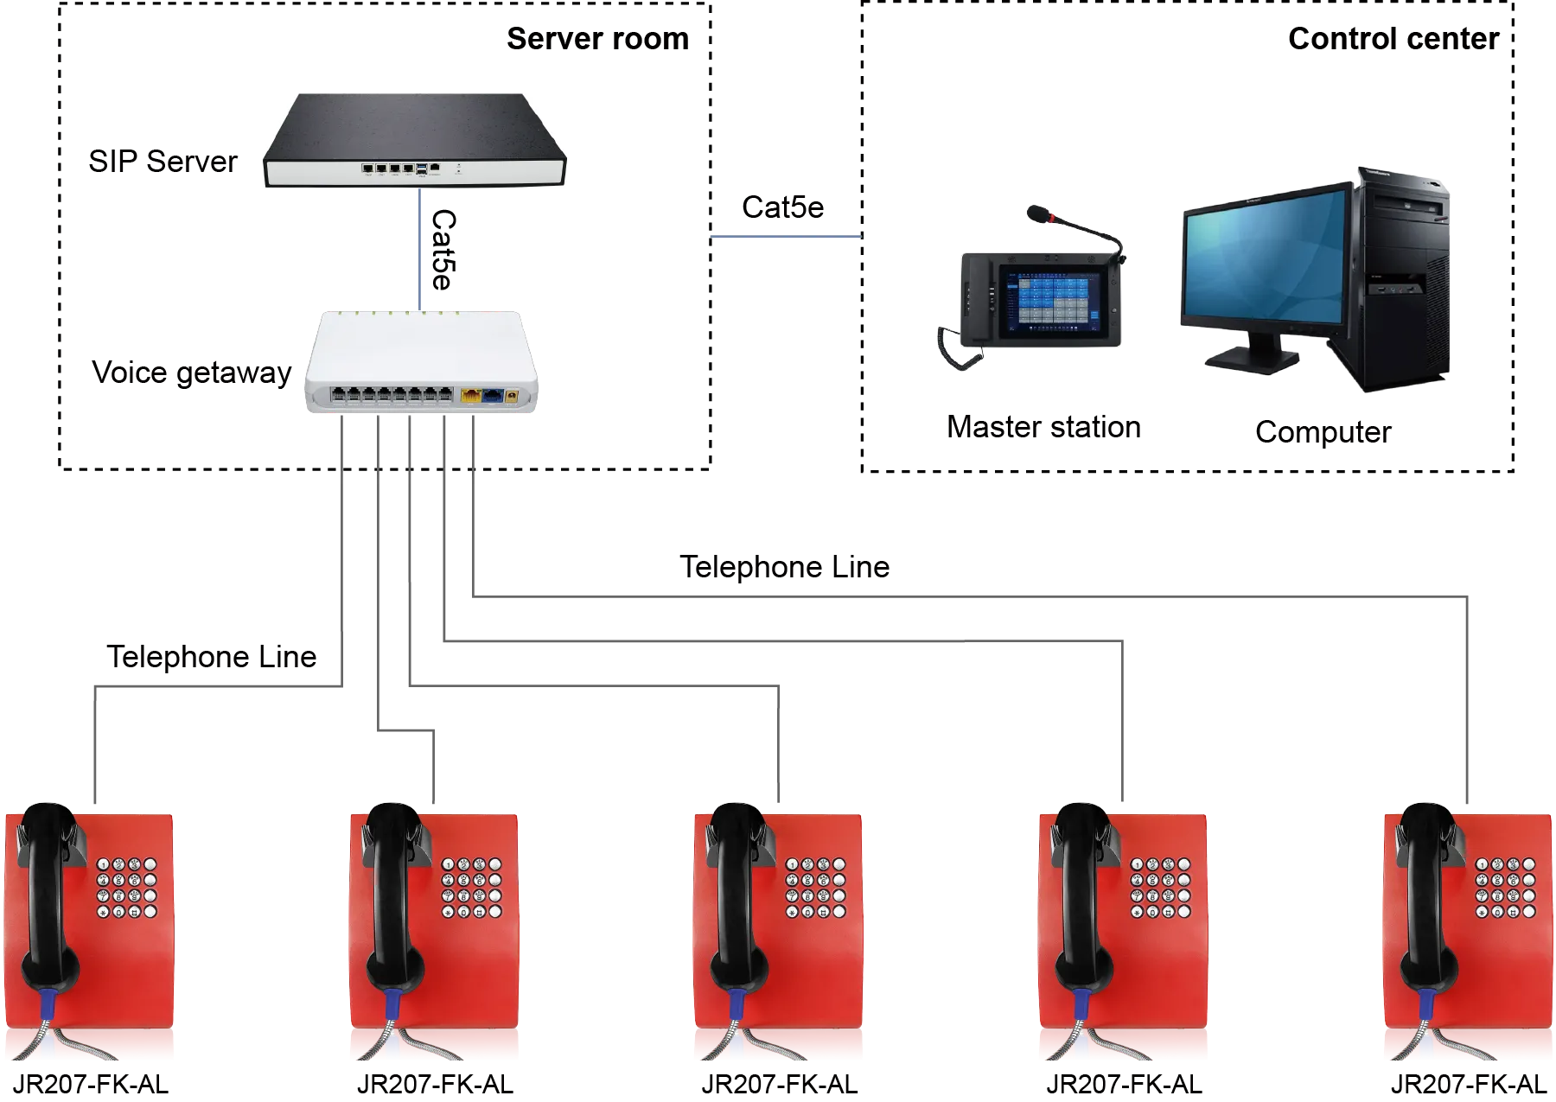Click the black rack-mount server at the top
tap(415, 143)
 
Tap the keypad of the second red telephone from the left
tap(471, 888)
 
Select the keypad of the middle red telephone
tap(815, 888)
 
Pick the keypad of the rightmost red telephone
tap(1505, 888)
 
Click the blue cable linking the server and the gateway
tap(420, 251)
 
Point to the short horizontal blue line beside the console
tap(786, 238)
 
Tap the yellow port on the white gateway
tap(472, 396)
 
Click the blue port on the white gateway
tap(493, 396)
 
